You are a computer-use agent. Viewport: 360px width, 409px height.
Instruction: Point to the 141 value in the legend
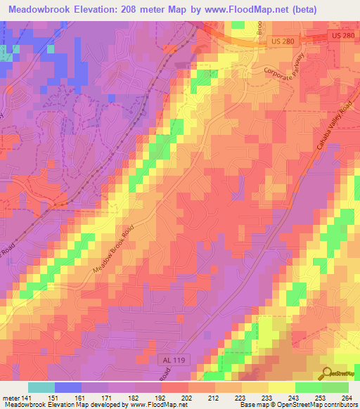pyautogui.click(x=27, y=398)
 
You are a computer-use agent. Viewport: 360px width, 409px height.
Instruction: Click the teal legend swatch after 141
pyautogui.click(x=41, y=387)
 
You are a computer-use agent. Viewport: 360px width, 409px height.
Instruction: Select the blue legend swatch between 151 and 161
pyautogui.click(x=68, y=387)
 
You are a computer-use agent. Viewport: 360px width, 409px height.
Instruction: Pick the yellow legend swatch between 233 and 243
pyautogui.click(x=282, y=387)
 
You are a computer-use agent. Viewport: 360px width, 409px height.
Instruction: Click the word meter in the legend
pyautogui.click(x=10, y=398)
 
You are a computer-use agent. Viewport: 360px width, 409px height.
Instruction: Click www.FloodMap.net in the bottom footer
pyautogui.click(x=150, y=405)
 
